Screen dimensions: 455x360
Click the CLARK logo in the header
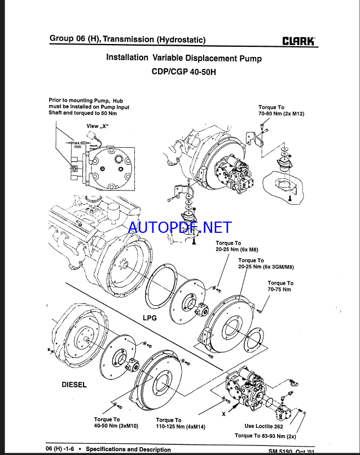click(x=299, y=41)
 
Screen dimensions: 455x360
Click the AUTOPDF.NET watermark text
click(x=180, y=227)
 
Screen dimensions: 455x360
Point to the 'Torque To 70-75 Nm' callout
click(x=280, y=286)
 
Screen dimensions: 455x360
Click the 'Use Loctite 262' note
click(x=264, y=426)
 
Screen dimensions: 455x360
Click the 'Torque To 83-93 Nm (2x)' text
click(x=265, y=435)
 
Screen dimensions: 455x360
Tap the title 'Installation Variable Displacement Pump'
click(x=184, y=58)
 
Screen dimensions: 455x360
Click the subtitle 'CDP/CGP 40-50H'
click(x=183, y=72)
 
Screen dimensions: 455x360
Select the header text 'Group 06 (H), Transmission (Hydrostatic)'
click(x=128, y=39)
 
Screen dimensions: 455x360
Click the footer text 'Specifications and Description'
click(x=128, y=449)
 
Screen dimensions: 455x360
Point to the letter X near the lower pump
click(x=223, y=413)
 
